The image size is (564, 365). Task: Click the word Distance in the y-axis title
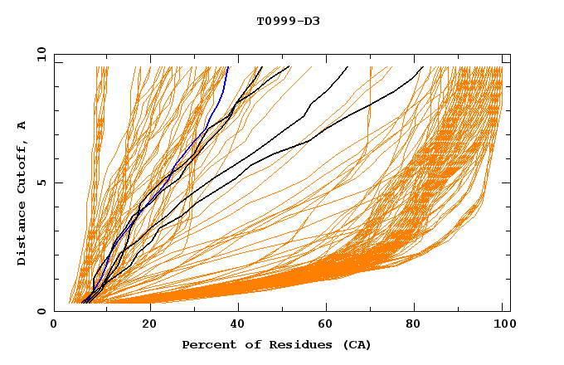tap(22, 236)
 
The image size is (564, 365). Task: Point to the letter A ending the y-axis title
tap(22, 125)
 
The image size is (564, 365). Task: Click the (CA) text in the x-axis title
tap(355, 344)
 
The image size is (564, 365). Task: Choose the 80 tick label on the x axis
tap(416, 326)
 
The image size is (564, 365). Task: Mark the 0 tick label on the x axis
tap(55, 326)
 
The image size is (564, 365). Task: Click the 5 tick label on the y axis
tap(41, 182)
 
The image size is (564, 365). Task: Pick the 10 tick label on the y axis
tap(37, 54)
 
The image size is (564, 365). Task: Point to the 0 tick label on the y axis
tap(41, 311)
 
